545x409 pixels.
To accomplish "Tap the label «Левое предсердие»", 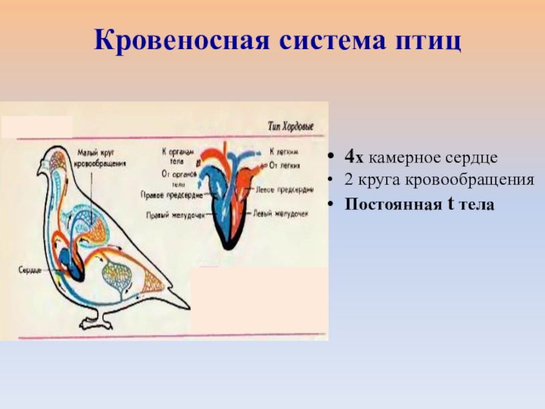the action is [281, 191].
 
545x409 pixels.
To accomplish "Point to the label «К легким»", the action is [284, 152].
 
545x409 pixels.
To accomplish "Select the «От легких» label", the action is [285, 164].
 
